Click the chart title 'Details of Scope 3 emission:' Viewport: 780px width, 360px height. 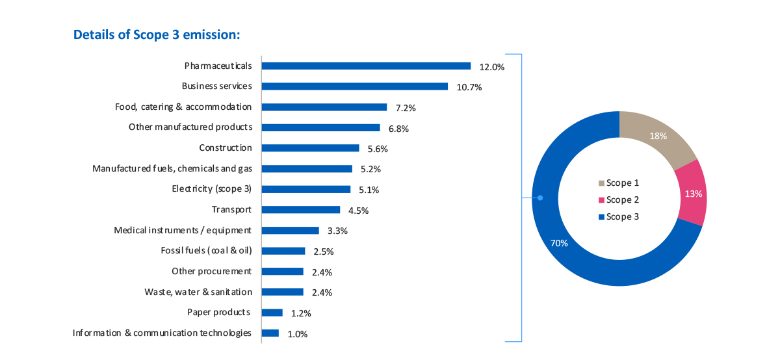point(157,34)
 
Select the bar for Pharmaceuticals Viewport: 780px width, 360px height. point(366,66)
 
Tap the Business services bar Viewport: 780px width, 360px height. point(354,86)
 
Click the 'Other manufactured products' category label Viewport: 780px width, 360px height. point(190,127)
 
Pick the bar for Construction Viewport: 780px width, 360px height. point(310,148)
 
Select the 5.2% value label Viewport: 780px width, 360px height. point(370,170)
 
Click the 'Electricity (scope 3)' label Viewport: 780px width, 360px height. point(211,189)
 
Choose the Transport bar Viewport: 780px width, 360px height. point(300,210)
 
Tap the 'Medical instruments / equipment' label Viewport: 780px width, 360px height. point(183,230)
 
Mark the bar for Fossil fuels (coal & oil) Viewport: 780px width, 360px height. point(283,251)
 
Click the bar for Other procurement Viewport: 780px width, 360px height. point(282,272)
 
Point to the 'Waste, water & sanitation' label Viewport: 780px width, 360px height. point(198,292)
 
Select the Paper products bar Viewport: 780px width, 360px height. point(272,313)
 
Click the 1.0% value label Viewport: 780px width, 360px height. point(297,334)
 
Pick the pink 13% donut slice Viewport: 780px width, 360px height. point(692,193)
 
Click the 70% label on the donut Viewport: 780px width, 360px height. point(558,244)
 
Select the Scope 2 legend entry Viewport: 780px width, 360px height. point(619,200)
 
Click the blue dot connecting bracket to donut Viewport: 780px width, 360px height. point(540,198)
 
